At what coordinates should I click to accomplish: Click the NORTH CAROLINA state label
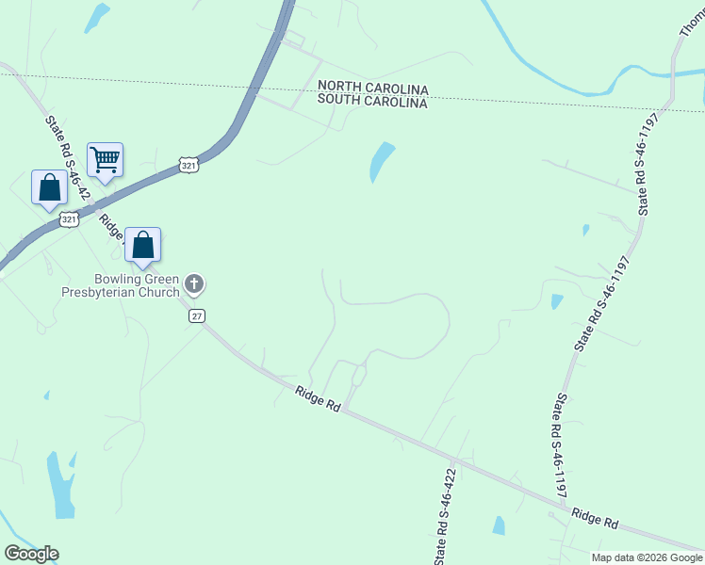(x=372, y=89)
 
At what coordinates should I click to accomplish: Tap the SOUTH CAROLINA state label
(x=372, y=102)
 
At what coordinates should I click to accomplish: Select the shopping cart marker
(x=105, y=159)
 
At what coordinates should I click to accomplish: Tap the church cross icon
(x=194, y=282)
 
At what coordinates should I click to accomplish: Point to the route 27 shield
(x=196, y=316)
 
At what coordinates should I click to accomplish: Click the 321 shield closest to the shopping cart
(x=189, y=165)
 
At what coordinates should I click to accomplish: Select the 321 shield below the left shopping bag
(x=69, y=219)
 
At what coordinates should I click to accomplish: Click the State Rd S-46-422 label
(x=447, y=517)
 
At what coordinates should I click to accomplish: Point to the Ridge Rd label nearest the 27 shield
(x=317, y=398)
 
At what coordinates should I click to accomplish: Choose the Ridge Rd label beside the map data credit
(x=595, y=517)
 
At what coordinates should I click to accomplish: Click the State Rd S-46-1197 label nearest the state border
(x=643, y=162)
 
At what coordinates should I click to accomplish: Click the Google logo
(x=31, y=554)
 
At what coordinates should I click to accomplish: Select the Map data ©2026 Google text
(x=646, y=557)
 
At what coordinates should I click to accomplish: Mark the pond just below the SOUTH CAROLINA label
(x=381, y=161)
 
